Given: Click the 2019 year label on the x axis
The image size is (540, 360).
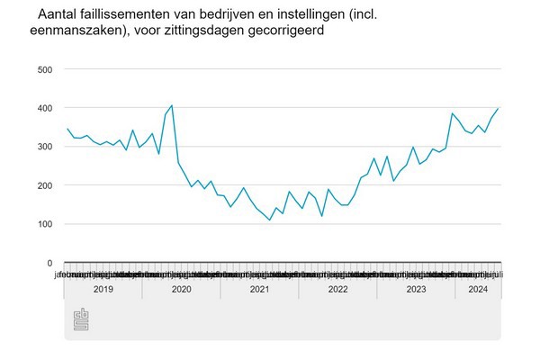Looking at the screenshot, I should coord(102,290).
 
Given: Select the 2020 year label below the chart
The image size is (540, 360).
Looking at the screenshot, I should coord(180,290).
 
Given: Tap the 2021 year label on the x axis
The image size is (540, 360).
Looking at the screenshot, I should coord(259,290).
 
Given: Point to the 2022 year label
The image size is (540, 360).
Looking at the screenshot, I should coord(337,290).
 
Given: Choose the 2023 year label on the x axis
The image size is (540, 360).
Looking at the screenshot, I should coord(416,290).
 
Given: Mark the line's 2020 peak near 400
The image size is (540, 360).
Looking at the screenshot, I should coord(172,106).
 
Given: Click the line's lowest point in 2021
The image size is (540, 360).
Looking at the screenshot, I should coord(270,220).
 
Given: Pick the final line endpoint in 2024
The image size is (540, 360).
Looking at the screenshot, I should coord(499,108).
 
